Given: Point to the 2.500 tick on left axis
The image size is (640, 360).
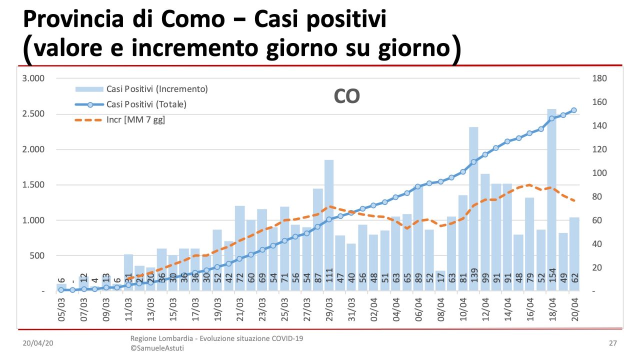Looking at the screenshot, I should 33,114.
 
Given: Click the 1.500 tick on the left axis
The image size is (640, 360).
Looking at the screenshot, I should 33,185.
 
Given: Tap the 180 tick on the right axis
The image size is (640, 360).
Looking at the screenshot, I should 599,78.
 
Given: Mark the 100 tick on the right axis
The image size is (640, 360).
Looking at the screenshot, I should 599,173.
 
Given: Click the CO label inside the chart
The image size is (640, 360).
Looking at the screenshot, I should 346,96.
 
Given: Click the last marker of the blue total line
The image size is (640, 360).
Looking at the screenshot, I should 574,110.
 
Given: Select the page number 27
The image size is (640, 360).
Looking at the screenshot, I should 612,343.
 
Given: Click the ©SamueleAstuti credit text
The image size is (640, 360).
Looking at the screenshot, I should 157,348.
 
